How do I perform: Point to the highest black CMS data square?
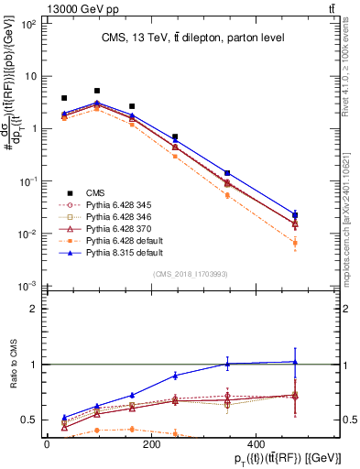tap(97, 91)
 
